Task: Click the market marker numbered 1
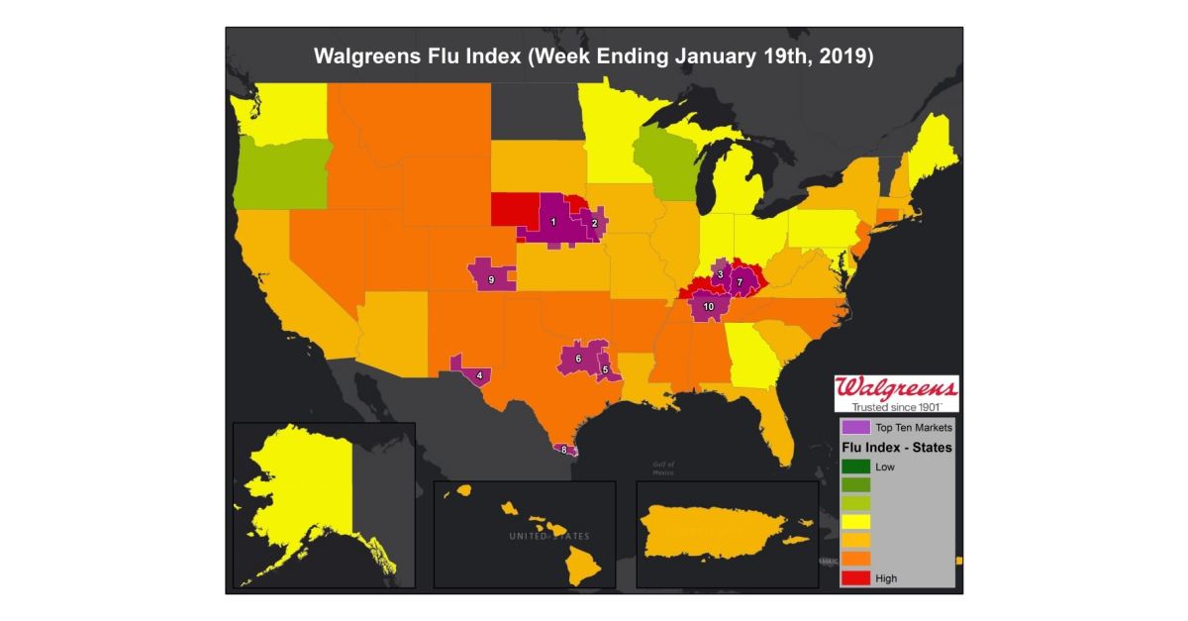[553, 222]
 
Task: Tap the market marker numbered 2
[594, 224]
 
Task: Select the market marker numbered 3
[721, 274]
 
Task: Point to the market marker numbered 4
[479, 375]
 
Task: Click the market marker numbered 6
[578, 358]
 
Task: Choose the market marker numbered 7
[740, 283]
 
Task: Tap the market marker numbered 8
[564, 450]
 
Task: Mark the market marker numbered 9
[491, 280]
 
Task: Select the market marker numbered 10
[708, 307]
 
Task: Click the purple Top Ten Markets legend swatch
[855, 428]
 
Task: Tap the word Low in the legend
[886, 466]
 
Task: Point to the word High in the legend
[887, 577]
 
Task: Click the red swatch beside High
[855, 577]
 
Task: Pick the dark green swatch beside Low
[855, 466]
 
